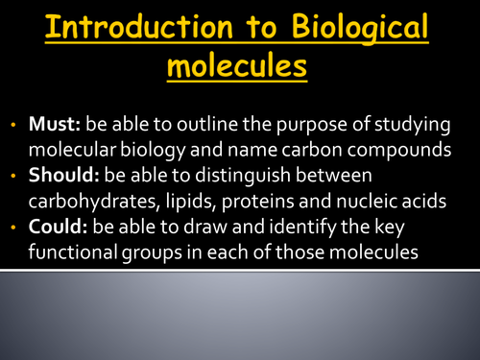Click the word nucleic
click(398, 203)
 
